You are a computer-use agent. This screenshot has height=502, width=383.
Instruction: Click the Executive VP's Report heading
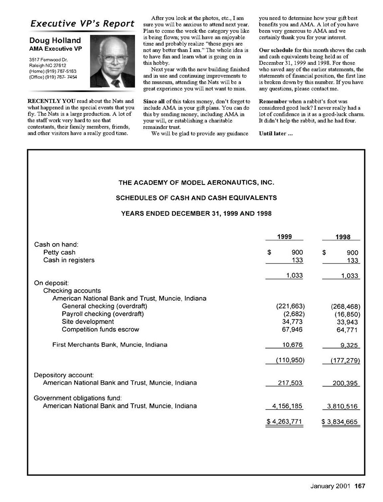pos(82,23)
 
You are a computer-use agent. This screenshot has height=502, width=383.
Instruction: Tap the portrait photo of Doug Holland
pos(112,61)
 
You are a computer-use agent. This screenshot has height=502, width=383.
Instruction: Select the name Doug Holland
pos(55,41)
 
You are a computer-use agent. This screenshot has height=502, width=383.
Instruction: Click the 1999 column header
pos(284,237)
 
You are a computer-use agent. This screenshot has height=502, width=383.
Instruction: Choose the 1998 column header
pos(342,237)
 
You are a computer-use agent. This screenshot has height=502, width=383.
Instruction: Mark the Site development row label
pos(88,322)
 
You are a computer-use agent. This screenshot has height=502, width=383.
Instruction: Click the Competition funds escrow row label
pos(100,329)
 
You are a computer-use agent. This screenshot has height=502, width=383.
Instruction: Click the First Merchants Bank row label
pos(110,345)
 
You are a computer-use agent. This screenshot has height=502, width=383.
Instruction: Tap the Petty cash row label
pos(59,252)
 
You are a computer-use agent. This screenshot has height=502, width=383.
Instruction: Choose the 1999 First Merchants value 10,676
pos(292,345)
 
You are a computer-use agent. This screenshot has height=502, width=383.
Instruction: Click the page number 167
pos(360,486)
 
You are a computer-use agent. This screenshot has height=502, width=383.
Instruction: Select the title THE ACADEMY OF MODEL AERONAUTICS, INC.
pos(196,182)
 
